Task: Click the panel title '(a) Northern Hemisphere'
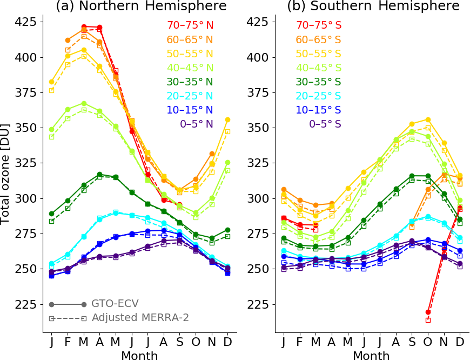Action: [x=141, y=6]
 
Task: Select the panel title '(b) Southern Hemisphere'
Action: [x=373, y=6]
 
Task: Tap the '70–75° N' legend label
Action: [x=190, y=25]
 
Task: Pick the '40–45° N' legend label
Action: [x=190, y=68]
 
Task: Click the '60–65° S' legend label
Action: [x=318, y=39]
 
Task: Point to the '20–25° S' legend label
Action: [x=318, y=96]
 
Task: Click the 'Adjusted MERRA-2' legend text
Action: [x=140, y=318]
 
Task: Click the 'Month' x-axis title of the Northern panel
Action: [x=139, y=355]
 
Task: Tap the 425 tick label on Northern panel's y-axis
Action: [x=27, y=22]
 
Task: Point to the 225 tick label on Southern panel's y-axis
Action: [x=259, y=304]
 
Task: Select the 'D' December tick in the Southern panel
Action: [x=459, y=342]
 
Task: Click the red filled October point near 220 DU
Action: [x=428, y=312]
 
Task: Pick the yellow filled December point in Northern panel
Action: [x=227, y=119]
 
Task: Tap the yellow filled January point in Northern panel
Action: [x=51, y=82]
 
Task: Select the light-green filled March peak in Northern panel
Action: [x=84, y=103]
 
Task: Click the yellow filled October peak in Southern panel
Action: [x=428, y=119]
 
